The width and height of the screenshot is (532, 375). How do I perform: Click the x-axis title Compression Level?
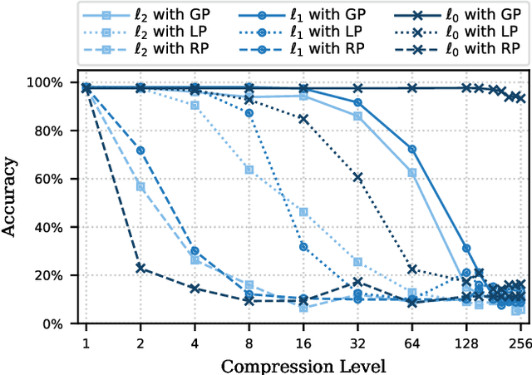coord(303,365)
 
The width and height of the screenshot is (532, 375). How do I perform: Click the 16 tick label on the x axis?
coord(303,343)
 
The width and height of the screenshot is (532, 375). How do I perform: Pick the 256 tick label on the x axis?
coord(520,343)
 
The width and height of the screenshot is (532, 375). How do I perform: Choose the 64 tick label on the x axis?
coord(412,343)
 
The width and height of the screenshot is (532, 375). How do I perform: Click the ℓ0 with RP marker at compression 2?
coord(140,268)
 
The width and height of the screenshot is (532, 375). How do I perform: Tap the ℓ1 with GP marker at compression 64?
coord(412,149)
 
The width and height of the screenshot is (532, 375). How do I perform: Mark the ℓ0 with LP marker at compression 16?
coord(303,119)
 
